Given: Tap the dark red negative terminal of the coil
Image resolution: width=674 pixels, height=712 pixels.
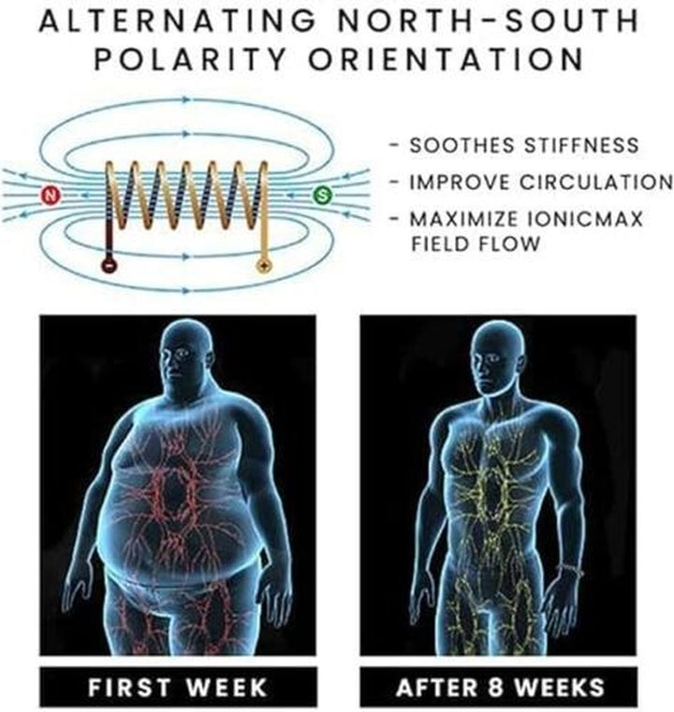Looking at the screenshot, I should (x=108, y=266).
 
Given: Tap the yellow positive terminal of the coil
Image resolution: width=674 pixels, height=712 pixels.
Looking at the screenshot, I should (x=263, y=266).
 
